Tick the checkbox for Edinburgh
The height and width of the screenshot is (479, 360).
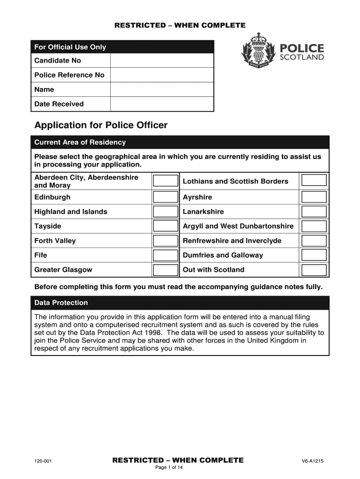pyautogui.click(x=166, y=197)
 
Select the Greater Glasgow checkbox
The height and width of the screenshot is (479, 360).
pyautogui.click(x=166, y=270)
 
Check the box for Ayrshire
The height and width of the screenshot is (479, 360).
pyautogui.click(x=314, y=197)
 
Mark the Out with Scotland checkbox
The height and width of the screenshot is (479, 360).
pyautogui.click(x=314, y=270)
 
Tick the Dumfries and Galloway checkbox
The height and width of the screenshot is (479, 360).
pyautogui.click(x=314, y=255)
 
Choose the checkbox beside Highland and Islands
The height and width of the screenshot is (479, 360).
pyautogui.click(x=166, y=212)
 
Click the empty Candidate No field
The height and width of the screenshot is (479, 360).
pyautogui.click(x=162, y=61)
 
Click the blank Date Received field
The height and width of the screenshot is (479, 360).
pyautogui.click(x=162, y=104)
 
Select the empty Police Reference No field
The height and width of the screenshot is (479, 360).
pyautogui.click(x=162, y=75)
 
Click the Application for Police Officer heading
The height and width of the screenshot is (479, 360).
pyautogui.click(x=101, y=125)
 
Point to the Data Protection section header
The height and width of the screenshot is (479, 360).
pyautogui.click(x=61, y=303)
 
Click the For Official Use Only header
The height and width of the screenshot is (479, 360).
pyautogui.click(x=70, y=47)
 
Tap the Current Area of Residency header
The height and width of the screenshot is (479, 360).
pyautogui.click(x=80, y=142)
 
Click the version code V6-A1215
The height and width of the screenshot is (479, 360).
pyautogui.click(x=313, y=461)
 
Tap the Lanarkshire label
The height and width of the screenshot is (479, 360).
pyautogui.click(x=203, y=212)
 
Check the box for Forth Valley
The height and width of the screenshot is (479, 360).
pyautogui.click(x=166, y=241)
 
